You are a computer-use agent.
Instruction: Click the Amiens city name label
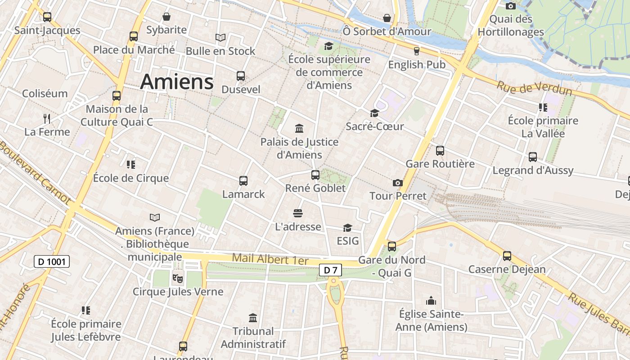pos(176,82)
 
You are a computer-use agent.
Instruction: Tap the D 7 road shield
pos(330,270)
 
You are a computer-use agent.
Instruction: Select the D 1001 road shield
pos(52,261)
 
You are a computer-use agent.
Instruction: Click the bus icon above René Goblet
pos(315,175)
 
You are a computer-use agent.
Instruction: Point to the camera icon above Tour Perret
pos(397,183)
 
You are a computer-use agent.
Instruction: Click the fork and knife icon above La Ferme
pos(47,119)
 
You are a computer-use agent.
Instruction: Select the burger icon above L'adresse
pos(297,213)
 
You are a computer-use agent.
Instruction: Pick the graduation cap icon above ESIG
pos(347,228)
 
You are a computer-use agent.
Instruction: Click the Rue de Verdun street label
pos(534,88)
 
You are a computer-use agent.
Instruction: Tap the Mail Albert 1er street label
pos(270,260)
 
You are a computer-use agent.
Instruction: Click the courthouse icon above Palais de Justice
pos(299,129)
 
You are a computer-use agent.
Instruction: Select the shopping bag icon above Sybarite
pos(166,17)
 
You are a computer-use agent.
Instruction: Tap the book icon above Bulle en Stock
pos(220,37)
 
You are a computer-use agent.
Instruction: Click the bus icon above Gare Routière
pos(440,151)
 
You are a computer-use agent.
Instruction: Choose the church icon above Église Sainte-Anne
pos(431,301)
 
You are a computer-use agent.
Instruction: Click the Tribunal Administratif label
pos(253,337)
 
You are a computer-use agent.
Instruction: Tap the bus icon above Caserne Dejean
pos(507,256)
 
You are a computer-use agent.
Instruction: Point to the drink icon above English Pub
pos(417,51)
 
